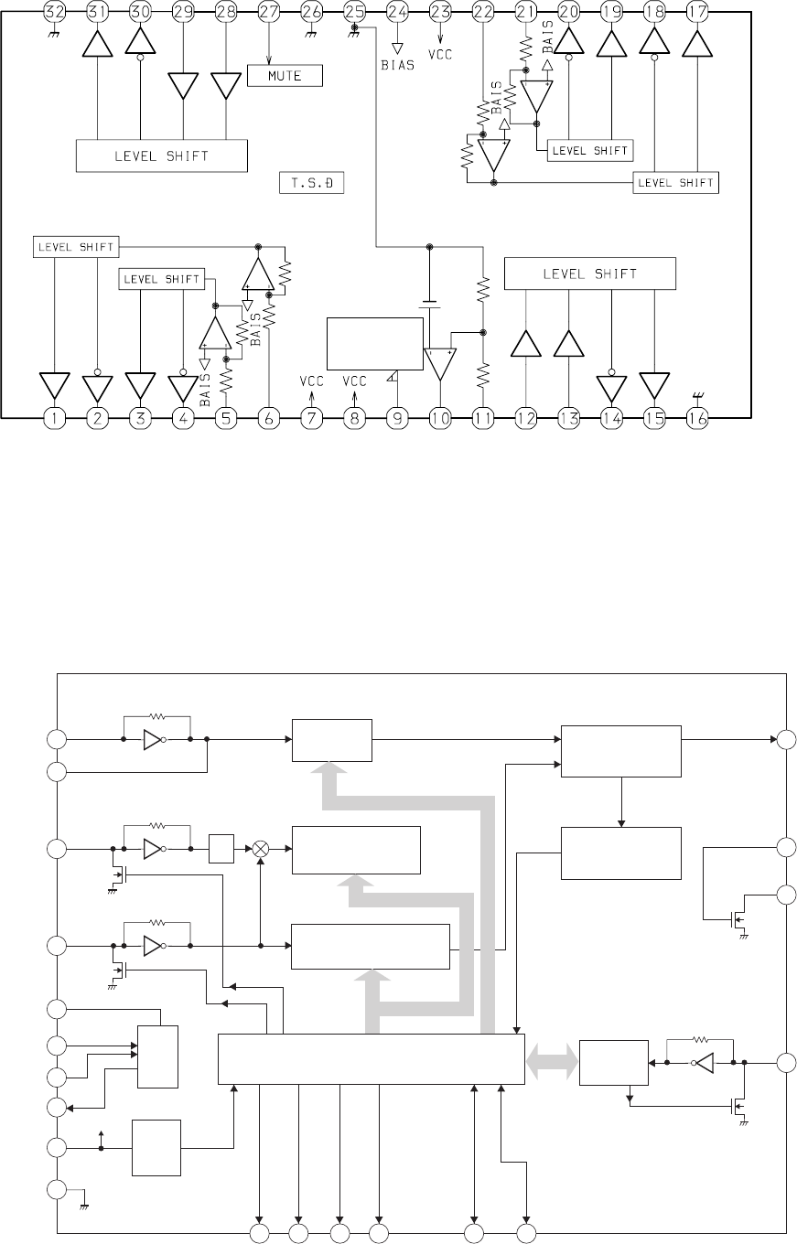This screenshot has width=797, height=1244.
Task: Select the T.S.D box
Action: click(x=311, y=184)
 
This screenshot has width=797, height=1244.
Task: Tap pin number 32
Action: click(x=55, y=11)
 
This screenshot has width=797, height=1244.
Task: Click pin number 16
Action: click(x=698, y=418)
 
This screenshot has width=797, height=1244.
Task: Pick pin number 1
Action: click(x=55, y=418)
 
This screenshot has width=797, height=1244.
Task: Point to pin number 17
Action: click(x=696, y=11)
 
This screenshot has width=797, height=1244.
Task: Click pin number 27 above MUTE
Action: click(x=269, y=11)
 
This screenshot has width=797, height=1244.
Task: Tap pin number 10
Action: click(x=440, y=418)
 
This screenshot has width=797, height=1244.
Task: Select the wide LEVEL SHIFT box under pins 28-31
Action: click(x=161, y=155)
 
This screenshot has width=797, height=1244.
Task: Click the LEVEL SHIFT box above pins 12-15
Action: click(x=590, y=273)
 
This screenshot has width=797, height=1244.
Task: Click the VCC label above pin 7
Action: click(x=312, y=381)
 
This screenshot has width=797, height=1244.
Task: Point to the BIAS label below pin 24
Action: click(x=397, y=65)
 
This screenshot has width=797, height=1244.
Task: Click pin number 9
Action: click(x=397, y=418)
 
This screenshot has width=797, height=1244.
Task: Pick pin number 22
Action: click(x=482, y=11)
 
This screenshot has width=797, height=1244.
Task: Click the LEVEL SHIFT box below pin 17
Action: click(x=676, y=183)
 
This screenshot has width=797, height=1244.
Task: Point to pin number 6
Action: click(x=269, y=418)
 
